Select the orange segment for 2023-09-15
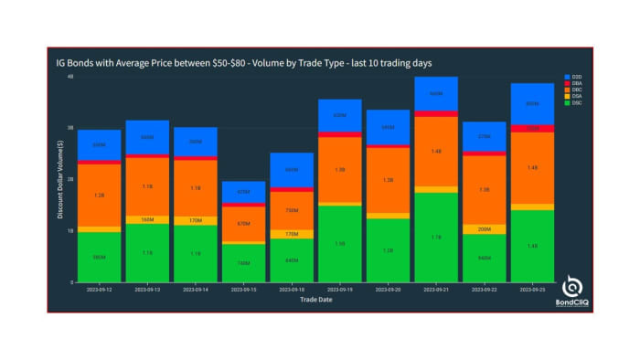point(243,224)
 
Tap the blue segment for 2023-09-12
point(99,145)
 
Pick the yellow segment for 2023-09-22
point(484,229)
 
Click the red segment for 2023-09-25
point(532,129)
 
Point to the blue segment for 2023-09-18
point(291,170)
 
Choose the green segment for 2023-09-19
point(339,243)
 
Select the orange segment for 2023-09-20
point(388,180)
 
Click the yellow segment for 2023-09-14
point(195,220)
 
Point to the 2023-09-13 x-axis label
point(147,288)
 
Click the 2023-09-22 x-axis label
point(484,288)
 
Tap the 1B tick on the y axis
point(69,231)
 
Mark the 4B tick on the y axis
point(69,77)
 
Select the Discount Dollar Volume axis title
point(60,179)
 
